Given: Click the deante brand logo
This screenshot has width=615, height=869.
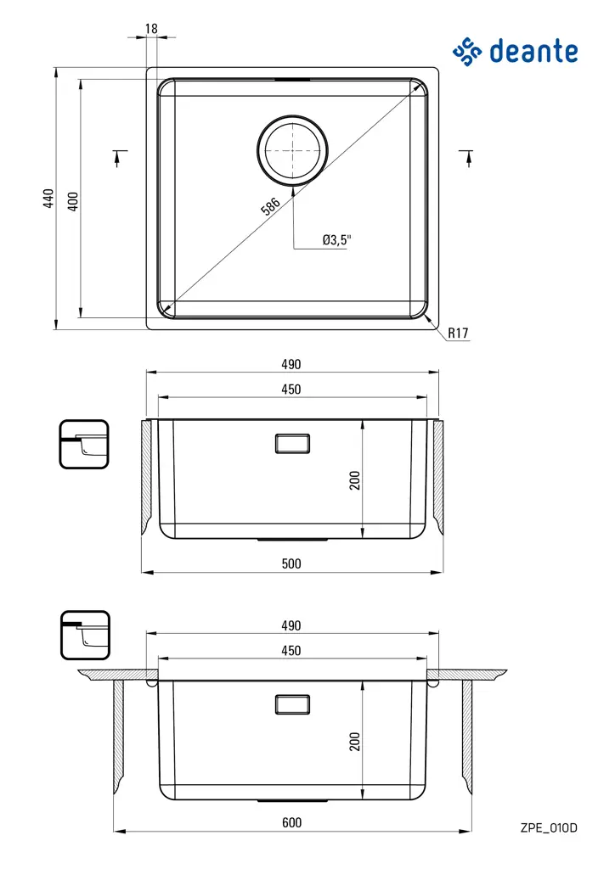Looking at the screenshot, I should (515, 51).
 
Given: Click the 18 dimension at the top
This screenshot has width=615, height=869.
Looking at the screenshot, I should (151, 29).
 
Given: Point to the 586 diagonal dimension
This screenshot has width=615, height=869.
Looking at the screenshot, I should (270, 208).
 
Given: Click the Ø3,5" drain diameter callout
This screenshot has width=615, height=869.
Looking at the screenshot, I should (336, 240).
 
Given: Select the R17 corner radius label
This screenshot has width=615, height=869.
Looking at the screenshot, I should (458, 334).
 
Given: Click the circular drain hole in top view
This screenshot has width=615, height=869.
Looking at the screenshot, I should (293, 150).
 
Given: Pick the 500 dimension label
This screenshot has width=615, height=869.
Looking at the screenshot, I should (291, 563).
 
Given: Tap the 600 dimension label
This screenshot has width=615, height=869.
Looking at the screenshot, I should (291, 822).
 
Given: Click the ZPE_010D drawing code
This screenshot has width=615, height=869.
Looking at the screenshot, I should (549, 827).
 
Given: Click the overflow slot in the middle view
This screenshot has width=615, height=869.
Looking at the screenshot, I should (292, 443).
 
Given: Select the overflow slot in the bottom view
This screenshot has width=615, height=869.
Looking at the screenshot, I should (292, 704).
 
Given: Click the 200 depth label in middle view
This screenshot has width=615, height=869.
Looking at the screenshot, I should (356, 480).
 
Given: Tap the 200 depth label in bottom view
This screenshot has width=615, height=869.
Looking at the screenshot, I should (356, 741).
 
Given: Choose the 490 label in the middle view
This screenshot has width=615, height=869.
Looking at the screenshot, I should (291, 365).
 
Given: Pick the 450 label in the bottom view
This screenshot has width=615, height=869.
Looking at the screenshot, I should (291, 651).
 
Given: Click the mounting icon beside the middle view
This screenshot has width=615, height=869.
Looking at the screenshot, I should (84, 444).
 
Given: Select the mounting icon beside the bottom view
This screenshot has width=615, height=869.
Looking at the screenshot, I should (84, 635).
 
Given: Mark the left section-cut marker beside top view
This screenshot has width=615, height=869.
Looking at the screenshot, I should (119, 158).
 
